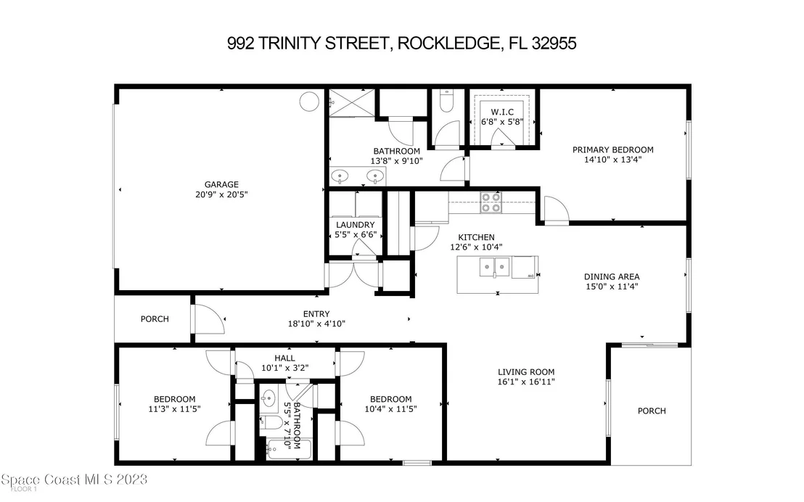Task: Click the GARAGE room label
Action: (x=221, y=184)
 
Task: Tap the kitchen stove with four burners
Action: (x=491, y=202)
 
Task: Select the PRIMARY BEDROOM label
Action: (x=612, y=149)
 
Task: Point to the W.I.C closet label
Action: (x=502, y=112)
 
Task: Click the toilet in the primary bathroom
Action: (x=446, y=101)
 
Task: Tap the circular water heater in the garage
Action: (x=309, y=102)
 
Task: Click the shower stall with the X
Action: (x=352, y=102)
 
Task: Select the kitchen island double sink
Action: (x=494, y=267)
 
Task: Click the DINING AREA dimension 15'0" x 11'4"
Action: (x=612, y=287)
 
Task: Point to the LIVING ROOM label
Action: (x=526, y=372)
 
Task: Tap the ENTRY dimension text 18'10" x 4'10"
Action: (x=316, y=324)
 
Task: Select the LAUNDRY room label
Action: (x=356, y=225)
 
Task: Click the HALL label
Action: (x=284, y=358)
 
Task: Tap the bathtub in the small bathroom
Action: (x=289, y=450)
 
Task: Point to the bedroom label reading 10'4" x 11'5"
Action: (x=390, y=404)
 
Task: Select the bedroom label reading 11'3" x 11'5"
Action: (x=174, y=404)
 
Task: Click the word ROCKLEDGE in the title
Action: (x=448, y=43)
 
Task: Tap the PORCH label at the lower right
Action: (x=652, y=411)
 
